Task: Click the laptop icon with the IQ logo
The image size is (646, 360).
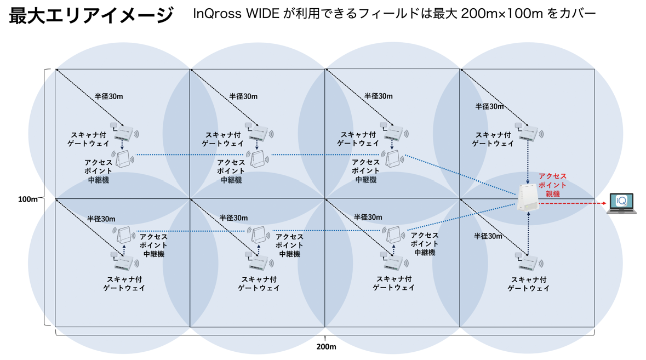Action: click(x=621, y=203)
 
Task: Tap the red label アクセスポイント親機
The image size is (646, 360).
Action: click(x=552, y=185)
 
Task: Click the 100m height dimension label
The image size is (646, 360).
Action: click(x=27, y=199)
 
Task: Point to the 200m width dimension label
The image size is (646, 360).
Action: click(x=326, y=346)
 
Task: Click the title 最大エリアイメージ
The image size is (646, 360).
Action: click(x=92, y=15)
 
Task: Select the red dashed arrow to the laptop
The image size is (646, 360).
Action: click(x=573, y=203)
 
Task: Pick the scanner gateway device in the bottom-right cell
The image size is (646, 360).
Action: click(x=528, y=262)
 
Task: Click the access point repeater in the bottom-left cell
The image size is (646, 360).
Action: click(x=125, y=236)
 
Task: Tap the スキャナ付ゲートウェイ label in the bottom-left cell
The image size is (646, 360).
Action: click(x=124, y=283)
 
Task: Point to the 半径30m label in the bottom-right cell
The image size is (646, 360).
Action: click(x=488, y=236)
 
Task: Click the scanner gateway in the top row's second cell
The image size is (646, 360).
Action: click(x=259, y=133)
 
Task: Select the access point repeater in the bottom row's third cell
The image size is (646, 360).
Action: click(x=394, y=236)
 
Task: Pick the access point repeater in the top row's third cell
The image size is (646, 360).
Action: click(x=393, y=159)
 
